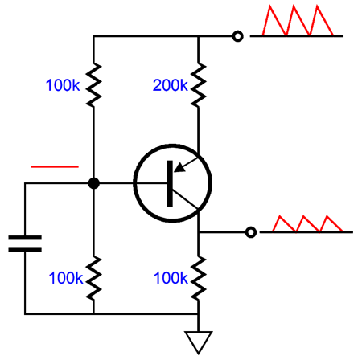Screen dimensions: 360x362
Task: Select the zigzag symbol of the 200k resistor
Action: [x=198, y=85]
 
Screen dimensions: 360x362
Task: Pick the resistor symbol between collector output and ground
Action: [x=198, y=278]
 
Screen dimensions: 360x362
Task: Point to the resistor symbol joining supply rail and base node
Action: [x=93, y=85]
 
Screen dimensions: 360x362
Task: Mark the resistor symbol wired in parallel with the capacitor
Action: [x=93, y=278]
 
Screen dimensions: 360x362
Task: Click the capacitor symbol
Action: [x=25, y=243]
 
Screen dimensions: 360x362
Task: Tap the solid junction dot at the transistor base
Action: [x=93, y=183]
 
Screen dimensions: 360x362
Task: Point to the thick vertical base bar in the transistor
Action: [x=171, y=183]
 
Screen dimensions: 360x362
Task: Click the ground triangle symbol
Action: [x=198, y=341]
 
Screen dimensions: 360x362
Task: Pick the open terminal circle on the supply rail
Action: [x=237, y=36]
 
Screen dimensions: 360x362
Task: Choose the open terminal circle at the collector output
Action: [x=250, y=232]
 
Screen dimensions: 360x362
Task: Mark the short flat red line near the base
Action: [x=54, y=166]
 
